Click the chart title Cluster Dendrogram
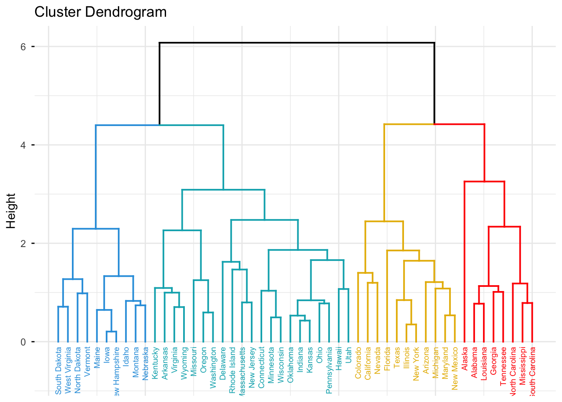(x=100, y=12)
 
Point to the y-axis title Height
(x=11, y=211)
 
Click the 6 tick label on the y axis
(x=23, y=46)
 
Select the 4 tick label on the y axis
(x=23, y=145)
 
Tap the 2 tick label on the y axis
(x=23, y=243)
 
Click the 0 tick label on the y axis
(x=23, y=342)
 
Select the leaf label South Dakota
(x=59, y=371)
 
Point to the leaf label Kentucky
(x=155, y=363)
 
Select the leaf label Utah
(x=349, y=355)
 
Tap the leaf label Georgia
(x=493, y=361)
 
